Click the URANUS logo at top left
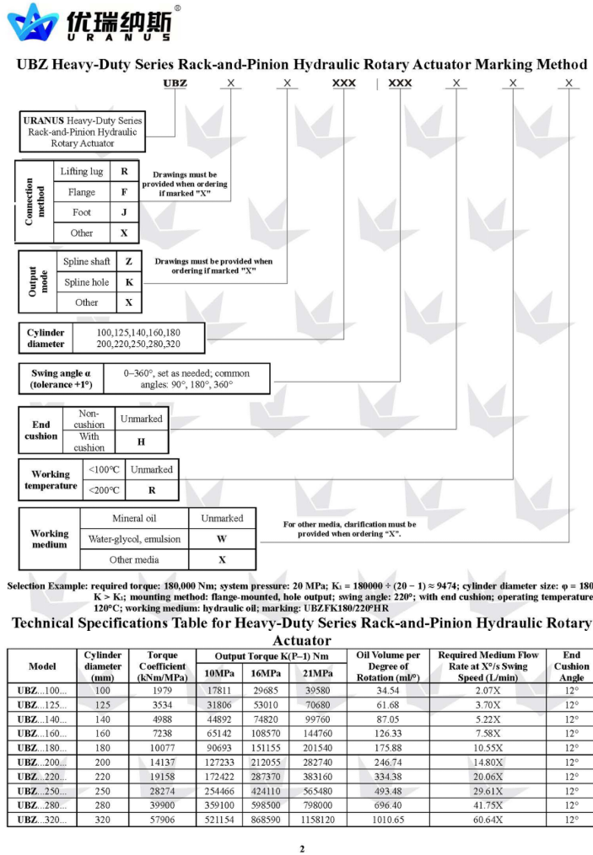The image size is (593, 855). coord(89,23)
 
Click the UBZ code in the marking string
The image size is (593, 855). coord(175,83)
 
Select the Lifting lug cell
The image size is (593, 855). coord(82,172)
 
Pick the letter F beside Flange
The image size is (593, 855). coord(124,192)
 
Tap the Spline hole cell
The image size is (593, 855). coord(87,282)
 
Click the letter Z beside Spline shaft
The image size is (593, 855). coord(129,262)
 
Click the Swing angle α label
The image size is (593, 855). coord(56,378)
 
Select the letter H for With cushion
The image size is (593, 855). coord(141,441)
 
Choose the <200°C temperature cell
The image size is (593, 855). coord(104,489)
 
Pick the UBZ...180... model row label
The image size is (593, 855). coord(42,748)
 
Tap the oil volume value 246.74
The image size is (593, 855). coord(388,762)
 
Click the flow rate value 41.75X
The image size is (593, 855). coord(488,805)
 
